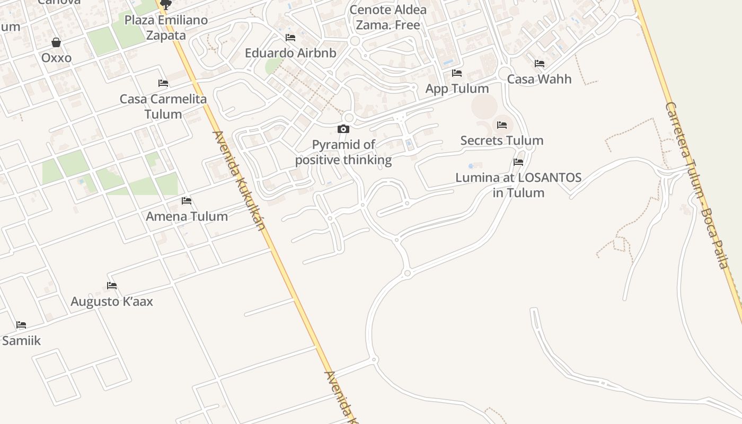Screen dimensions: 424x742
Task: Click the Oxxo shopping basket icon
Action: pyautogui.click(x=56, y=42)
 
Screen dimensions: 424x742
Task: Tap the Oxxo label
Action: pyautogui.click(x=56, y=57)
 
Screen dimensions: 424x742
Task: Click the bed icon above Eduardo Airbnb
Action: pyautogui.click(x=290, y=38)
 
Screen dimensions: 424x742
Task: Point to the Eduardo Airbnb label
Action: pyautogui.click(x=290, y=53)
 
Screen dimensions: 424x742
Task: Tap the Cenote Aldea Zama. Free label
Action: pyautogui.click(x=388, y=17)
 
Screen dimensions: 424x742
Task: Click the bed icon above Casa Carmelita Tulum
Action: pyautogui.click(x=163, y=83)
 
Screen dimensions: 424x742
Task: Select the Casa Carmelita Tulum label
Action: pyautogui.click(x=163, y=106)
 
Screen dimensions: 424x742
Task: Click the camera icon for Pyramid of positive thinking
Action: pyautogui.click(x=343, y=129)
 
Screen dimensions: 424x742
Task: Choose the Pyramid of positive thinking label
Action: pyautogui.click(x=343, y=152)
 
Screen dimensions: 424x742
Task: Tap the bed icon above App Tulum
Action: pyautogui.click(x=457, y=73)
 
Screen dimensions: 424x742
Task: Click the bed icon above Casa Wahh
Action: pyautogui.click(x=540, y=64)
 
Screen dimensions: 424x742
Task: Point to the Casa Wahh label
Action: pyautogui.click(x=540, y=79)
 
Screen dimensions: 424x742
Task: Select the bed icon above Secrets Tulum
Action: pyautogui.click(x=502, y=125)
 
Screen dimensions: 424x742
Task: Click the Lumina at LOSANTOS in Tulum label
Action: pyautogui.click(x=518, y=185)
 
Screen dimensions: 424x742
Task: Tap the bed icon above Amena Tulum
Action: pyautogui.click(x=187, y=201)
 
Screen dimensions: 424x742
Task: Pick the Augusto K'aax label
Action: pyautogui.click(x=112, y=302)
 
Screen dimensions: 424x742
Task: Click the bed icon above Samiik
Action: pyautogui.click(x=21, y=325)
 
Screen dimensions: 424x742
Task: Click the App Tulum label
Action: pyautogui.click(x=457, y=89)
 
